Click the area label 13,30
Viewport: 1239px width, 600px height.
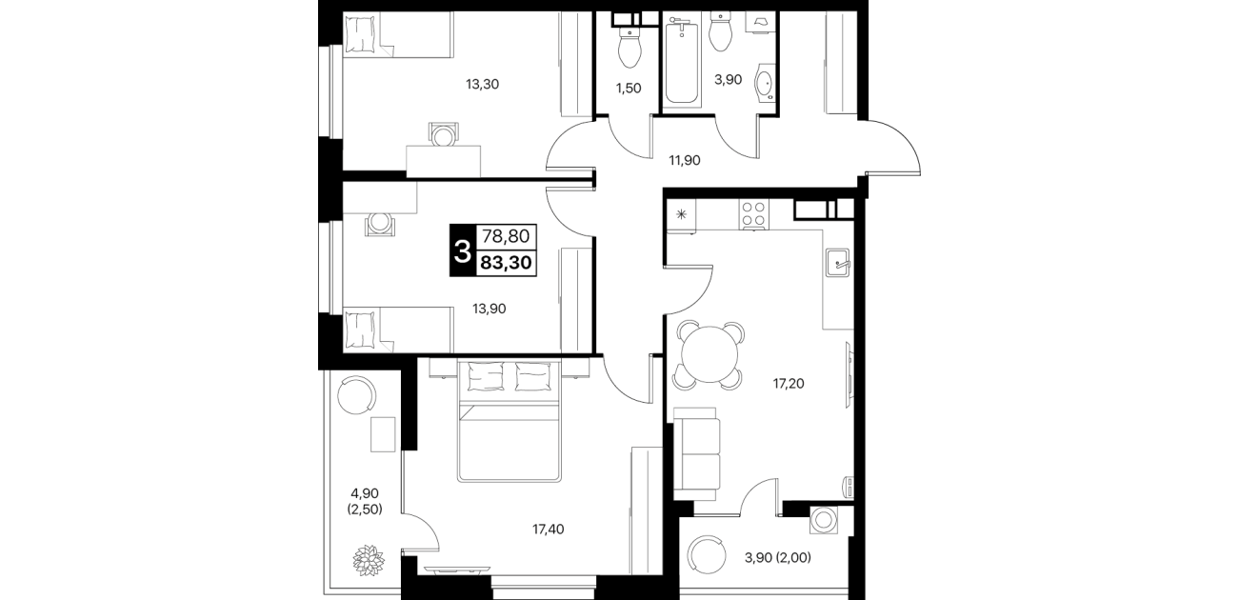[x=482, y=85]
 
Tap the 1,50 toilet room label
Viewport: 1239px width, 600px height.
[x=629, y=88]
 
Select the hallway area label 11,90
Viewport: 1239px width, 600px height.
[x=684, y=160]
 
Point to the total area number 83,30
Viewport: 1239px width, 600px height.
[x=506, y=263]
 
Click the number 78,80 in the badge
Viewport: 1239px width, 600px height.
[x=506, y=237]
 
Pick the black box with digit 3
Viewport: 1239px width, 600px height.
[x=463, y=250]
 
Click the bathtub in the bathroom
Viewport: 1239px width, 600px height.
[x=682, y=60]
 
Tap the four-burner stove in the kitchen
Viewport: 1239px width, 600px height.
[x=754, y=214]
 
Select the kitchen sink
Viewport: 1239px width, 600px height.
[x=837, y=262]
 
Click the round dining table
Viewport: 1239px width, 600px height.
[x=710, y=354]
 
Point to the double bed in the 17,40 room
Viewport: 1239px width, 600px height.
[x=510, y=421]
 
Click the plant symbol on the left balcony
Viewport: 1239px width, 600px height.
[x=369, y=561]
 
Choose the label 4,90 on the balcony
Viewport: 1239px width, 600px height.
[x=365, y=493]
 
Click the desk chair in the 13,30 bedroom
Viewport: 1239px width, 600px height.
[x=443, y=134]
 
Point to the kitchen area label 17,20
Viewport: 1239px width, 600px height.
[x=789, y=383]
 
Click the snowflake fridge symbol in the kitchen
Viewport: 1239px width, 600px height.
[x=681, y=214]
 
